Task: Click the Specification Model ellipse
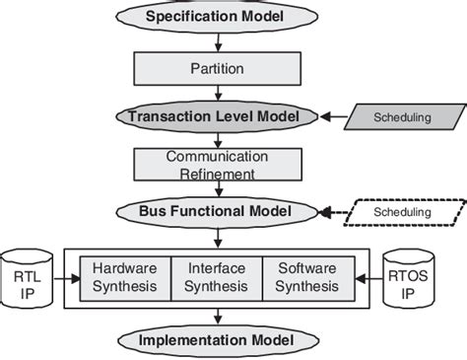point(215,17)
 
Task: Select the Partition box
point(215,69)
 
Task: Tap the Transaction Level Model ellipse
point(215,116)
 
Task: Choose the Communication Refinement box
point(215,164)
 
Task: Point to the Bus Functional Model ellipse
point(215,212)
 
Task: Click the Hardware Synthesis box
point(124,277)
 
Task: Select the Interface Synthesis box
point(215,277)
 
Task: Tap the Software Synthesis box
point(305,277)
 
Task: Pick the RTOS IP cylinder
point(406,277)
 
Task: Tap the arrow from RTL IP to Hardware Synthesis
point(65,277)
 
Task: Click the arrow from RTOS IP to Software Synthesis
point(366,277)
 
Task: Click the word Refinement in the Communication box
point(215,174)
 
